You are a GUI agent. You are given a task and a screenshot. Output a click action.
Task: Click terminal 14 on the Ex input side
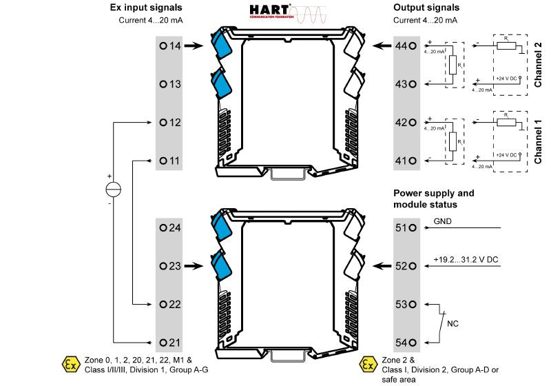[x=169, y=46]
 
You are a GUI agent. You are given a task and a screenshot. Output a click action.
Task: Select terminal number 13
[x=169, y=84]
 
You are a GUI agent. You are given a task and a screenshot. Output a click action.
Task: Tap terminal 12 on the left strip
[x=169, y=122]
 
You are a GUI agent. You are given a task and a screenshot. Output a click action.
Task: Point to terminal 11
[x=169, y=161]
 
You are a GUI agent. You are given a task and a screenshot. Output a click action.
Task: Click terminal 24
[x=169, y=227]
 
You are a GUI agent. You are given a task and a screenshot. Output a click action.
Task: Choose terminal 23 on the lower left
[x=169, y=265]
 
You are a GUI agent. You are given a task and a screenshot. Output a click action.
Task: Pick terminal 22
[x=169, y=304]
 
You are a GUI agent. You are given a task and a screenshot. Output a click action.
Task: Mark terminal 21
[x=169, y=343]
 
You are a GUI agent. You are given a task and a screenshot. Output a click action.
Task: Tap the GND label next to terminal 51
[x=443, y=222]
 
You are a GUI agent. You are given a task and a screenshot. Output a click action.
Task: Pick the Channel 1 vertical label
[x=539, y=141]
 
